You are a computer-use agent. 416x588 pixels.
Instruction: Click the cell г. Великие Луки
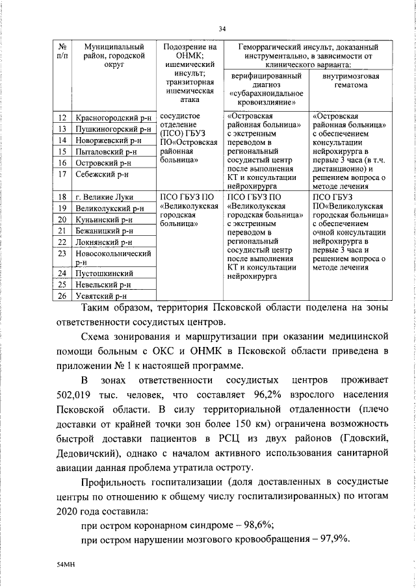104,197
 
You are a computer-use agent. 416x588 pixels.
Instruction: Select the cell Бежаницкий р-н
104,230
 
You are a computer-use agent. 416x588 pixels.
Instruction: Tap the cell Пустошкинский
103,274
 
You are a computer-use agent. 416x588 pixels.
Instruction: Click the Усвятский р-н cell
101,296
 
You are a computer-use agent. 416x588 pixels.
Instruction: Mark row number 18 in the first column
62,197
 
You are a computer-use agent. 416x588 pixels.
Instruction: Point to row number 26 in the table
62,296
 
